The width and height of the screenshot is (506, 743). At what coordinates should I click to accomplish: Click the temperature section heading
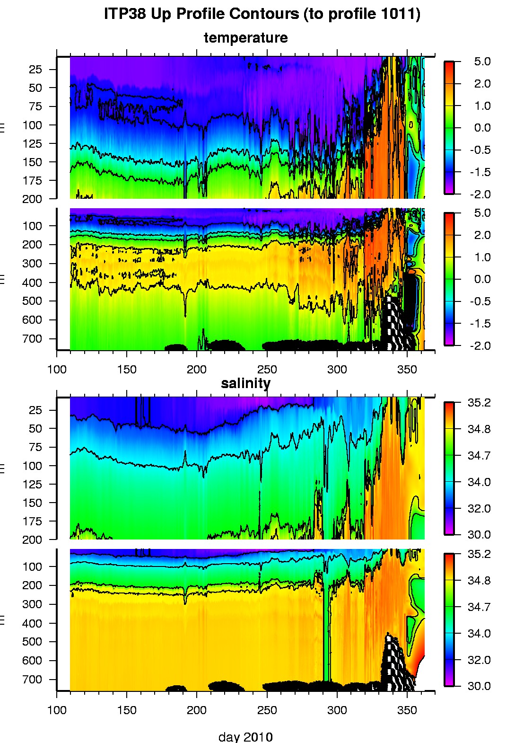[245, 38]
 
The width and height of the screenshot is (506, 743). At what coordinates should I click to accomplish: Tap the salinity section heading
[245, 383]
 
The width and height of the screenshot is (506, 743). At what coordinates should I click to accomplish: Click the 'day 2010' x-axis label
[245, 737]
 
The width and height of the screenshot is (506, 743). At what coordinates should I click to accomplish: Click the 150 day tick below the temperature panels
[127, 369]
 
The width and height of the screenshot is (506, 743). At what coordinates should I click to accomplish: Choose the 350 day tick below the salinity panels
[407, 710]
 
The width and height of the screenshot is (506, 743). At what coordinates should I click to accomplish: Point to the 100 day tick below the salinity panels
[57, 710]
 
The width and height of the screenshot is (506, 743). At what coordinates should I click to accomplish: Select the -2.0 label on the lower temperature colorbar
[481, 345]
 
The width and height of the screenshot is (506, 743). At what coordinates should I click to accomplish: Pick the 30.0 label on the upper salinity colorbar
[479, 535]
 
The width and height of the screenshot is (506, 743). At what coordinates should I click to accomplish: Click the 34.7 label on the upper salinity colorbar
[479, 455]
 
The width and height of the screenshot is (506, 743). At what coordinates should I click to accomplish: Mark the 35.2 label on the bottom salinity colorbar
[479, 554]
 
